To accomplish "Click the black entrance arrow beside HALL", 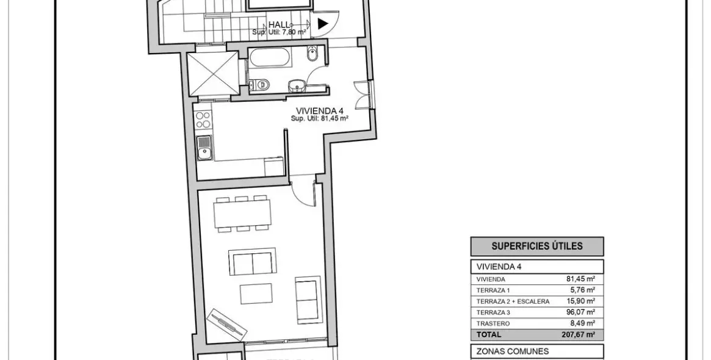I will (323, 24).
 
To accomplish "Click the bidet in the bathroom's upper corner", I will (313, 55).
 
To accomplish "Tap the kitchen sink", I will (204, 148).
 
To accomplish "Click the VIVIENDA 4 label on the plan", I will (319, 110).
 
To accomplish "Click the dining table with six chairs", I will (243, 214).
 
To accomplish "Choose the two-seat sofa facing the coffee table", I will (251, 262).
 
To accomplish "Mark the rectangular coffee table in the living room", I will (256, 293).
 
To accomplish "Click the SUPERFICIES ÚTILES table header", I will (536, 247).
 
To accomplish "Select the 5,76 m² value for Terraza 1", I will (582, 290).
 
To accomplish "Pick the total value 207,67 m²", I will (578, 334).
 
